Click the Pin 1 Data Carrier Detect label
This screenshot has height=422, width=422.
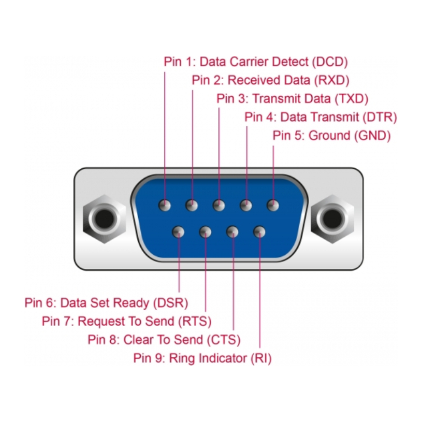(x=256, y=62)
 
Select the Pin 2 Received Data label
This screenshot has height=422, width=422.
(x=271, y=80)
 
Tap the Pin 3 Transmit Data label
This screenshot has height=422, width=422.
(x=292, y=99)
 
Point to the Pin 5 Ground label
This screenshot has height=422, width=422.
(x=331, y=136)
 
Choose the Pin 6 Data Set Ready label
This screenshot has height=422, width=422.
(x=106, y=303)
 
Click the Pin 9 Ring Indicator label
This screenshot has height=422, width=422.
(x=202, y=359)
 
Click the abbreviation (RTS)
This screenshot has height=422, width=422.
(x=195, y=321)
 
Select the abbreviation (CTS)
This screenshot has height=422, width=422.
(x=224, y=340)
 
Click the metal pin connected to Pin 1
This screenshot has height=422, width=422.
(x=165, y=205)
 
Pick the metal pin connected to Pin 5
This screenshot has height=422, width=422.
(x=273, y=205)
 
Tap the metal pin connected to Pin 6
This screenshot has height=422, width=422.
(x=179, y=232)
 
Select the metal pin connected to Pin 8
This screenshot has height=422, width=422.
(x=233, y=232)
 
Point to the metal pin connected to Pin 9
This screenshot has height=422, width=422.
(x=260, y=232)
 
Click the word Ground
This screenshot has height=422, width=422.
(x=329, y=136)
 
